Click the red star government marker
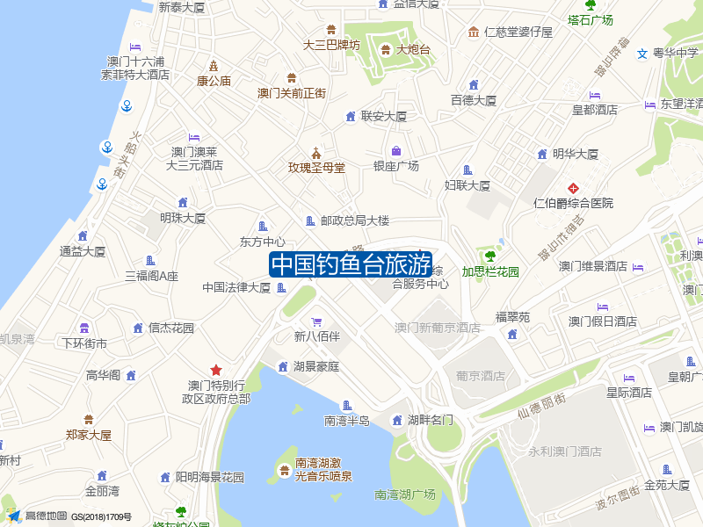(x=215, y=370)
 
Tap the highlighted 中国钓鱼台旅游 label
(x=350, y=264)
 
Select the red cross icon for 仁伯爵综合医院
(x=573, y=188)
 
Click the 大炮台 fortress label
(x=413, y=49)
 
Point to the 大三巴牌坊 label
(x=331, y=45)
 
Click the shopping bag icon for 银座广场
(x=396, y=150)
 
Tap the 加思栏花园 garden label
(x=490, y=271)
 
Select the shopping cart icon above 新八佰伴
(x=316, y=321)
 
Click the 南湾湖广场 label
(x=404, y=495)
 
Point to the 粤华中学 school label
(x=675, y=53)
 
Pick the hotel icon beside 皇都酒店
(x=595, y=95)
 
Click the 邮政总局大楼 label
(x=354, y=220)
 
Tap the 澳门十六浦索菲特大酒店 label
(x=135, y=68)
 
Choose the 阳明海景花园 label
(x=209, y=477)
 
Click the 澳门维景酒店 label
(x=593, y=266)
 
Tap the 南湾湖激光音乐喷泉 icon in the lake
(x=284, y=470)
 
